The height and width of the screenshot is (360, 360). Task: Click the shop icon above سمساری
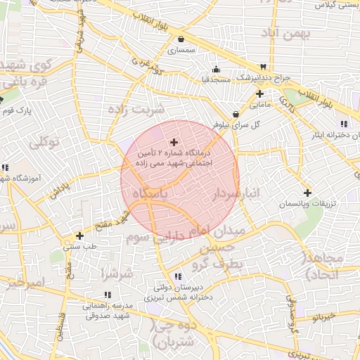point(182,39)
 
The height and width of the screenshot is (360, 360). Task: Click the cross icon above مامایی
point(259,94)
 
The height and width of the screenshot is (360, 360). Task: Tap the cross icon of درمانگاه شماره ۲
point(174,142)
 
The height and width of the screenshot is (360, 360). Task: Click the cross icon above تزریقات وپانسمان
point(307,193)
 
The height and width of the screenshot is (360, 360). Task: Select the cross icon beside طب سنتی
point(79,236)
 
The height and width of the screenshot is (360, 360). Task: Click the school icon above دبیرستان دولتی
point(177,276)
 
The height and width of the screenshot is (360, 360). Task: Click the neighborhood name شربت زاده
point(135,108)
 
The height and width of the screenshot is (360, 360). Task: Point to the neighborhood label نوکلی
point(44,143)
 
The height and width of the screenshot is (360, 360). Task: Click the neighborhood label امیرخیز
point(23,283)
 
